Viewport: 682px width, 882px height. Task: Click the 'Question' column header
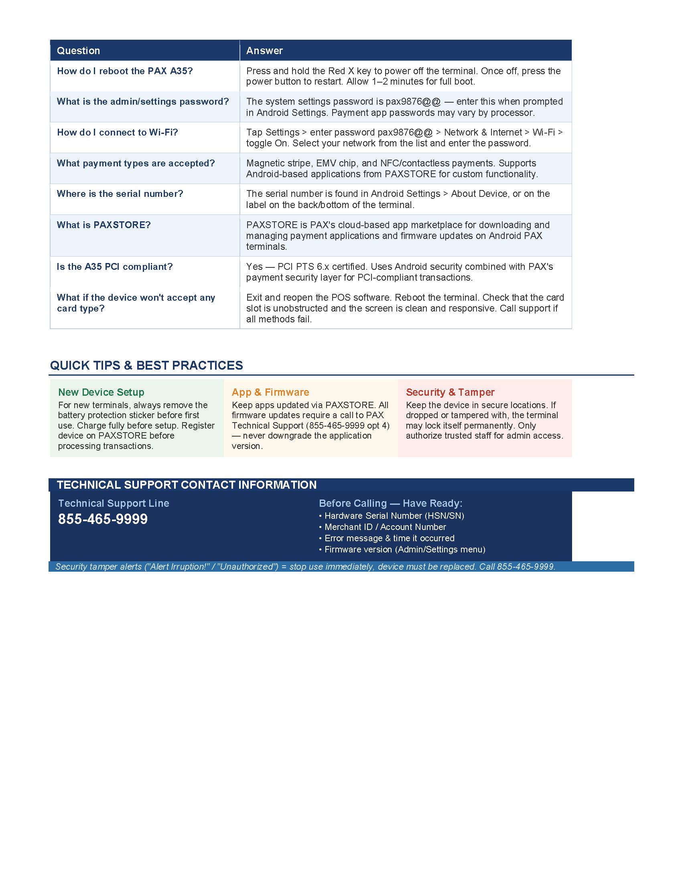[x=78, y=51]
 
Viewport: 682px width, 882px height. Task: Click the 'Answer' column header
[x=264, y=51]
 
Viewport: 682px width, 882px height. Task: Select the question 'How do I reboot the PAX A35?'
[x=125, y=71]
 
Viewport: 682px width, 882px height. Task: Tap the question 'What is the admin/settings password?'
[x=143, y=101]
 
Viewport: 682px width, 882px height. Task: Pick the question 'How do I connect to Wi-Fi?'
[x=117, y=132]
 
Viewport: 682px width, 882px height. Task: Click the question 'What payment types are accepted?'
[x=136, y=163]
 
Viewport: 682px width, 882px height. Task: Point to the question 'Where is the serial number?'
[x=120, y=194]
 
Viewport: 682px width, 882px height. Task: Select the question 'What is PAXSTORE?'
[x=104, y=225]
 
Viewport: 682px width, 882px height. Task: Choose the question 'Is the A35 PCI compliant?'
[x=115, y=267]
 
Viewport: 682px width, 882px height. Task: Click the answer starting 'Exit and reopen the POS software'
[x=405, y=308]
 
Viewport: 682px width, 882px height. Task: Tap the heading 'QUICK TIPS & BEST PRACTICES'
[x=146, y=366]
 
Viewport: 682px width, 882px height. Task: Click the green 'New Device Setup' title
[x=101, y=392]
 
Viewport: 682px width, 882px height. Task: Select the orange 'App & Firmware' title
[x=270, y=392]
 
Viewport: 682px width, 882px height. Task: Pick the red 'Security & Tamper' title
[x=450, y=392]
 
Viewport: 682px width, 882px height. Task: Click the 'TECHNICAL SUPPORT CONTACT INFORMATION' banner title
[x=187, y=485]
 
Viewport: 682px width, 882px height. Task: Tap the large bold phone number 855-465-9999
[x=103, y=519]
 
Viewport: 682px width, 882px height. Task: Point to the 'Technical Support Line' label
[x=114, y=503]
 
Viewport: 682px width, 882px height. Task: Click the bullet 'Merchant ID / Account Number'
[x=385, y=527]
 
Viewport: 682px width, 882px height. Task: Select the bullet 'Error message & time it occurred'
[x=389, y=538]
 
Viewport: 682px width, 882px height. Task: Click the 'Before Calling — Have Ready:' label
[x=390, y=503]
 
